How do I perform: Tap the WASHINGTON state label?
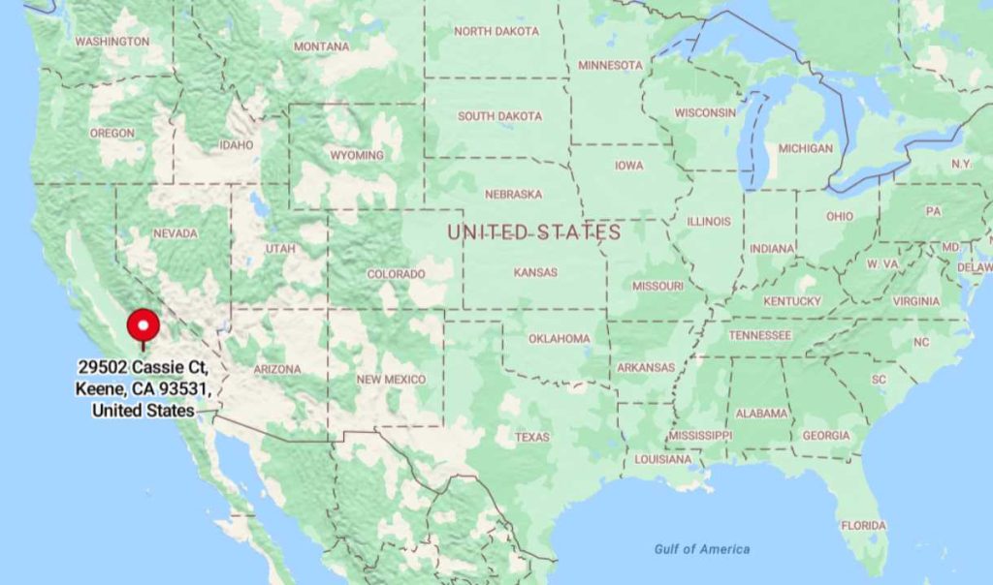click(112, 42)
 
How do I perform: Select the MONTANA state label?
click(321, 46)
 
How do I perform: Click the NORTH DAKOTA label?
click(496, 31)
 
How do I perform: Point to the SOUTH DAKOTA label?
click(499, 116)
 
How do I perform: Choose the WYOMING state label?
click(356, 155)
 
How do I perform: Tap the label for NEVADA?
click(175, 233)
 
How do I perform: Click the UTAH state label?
click(280, 249)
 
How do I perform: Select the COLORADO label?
click(396, 274)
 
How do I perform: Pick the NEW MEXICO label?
click(391, 380)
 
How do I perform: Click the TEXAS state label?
click(531, 437)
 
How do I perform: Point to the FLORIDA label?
click(863, 525)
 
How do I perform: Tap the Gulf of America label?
click(701, 549)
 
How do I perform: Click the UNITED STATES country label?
click(533, 232)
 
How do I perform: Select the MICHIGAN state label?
click(805, 148)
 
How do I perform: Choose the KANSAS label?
click(535, 272)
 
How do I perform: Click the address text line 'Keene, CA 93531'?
click(143, 389)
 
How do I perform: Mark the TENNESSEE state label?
click(760, 335)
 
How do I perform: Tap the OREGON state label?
click(112, 133)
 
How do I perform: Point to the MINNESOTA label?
click(610, 65)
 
